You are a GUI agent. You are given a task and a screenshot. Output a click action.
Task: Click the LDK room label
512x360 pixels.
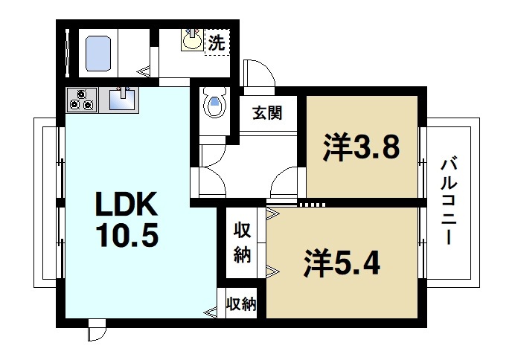click(x=124, y=204)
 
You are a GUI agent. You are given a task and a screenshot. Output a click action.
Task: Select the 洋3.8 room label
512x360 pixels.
click(x=362, y=147)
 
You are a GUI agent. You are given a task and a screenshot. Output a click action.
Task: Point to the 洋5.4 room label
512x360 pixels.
click(x=342, y=263)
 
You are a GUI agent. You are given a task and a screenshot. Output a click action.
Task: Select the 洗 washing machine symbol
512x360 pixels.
click(x=216, y=42)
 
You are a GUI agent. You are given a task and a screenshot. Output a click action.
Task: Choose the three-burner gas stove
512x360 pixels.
click(x=81, y=99)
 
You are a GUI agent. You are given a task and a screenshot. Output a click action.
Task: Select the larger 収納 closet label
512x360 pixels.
click(x=242, y=242)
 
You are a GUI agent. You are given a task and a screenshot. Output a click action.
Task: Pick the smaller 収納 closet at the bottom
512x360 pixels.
click(x=241, y=303)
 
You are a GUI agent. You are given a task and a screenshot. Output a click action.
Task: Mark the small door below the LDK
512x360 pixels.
click(x=96, y=332)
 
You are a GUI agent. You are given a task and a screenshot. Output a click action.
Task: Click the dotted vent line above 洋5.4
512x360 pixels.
click(x=311, y=203)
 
